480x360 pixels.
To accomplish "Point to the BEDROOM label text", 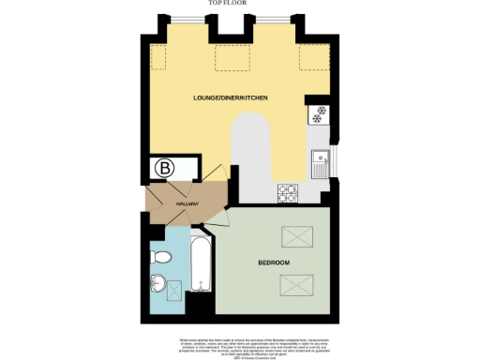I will point(274,261).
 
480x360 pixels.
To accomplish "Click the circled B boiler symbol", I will point(165,169).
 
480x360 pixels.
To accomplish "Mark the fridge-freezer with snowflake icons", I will point(319,116).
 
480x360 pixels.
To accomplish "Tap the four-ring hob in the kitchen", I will point(288,192).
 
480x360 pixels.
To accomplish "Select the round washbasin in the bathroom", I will point(158,282).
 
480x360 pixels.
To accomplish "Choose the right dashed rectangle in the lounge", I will point(311,58).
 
